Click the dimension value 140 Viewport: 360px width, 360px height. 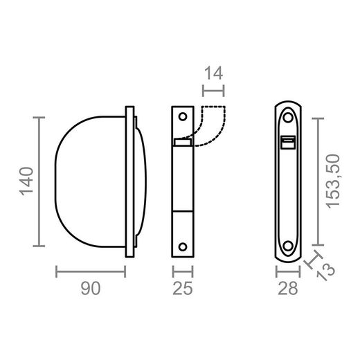[25, 182]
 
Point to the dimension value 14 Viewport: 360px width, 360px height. [215, 71]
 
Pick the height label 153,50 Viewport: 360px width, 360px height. [336, 181]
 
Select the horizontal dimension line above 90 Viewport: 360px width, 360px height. [91, 271]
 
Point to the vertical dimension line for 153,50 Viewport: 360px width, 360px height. [318, 181]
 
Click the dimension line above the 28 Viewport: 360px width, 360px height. [288, 271]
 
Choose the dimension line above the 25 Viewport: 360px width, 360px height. [182, 271]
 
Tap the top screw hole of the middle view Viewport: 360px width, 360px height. [183, 117]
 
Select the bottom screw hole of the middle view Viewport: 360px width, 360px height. [183, 245]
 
